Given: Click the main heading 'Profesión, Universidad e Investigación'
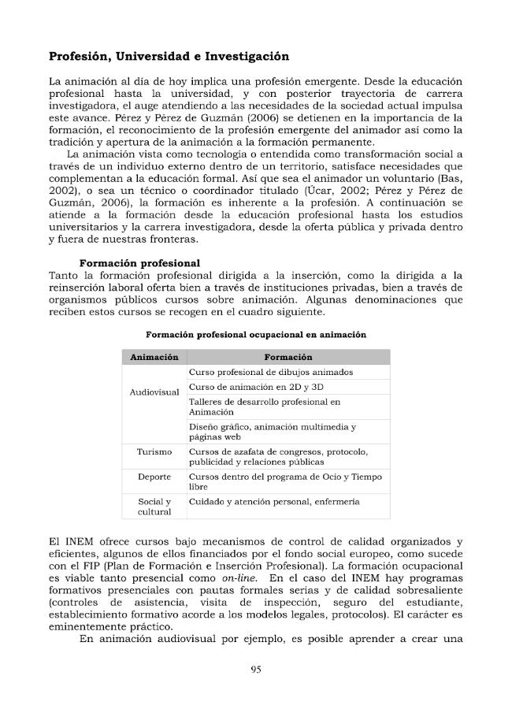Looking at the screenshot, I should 169,57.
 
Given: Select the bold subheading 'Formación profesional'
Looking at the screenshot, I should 139,262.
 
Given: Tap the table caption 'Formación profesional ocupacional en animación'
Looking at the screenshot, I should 256,335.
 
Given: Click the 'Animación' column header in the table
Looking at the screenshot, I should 154,357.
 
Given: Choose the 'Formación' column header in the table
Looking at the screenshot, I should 288,357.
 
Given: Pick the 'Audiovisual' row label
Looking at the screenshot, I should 154,392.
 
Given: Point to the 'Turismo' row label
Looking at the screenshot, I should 154,451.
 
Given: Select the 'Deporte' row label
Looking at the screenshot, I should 154,477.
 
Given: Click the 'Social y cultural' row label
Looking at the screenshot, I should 154,507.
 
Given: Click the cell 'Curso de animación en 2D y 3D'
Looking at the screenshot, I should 256,387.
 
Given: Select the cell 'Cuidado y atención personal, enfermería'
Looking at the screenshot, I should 274,502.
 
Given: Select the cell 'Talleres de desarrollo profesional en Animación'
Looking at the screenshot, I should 265,406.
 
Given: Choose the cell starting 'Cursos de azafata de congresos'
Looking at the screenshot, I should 278,456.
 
